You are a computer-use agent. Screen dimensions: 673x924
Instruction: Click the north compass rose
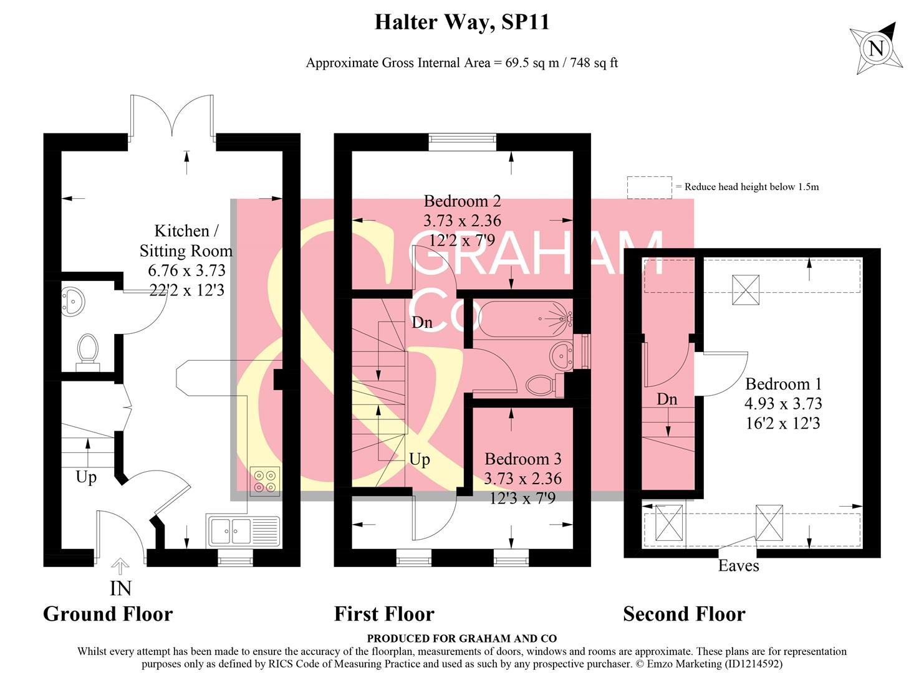point(876,47)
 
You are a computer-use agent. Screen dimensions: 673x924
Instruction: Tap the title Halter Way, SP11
point(461,22)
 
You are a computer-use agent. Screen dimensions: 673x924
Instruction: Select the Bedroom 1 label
point(783,384)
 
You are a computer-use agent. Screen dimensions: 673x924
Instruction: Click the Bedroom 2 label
point(462,201)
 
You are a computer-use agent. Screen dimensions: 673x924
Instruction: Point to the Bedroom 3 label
point(522,459)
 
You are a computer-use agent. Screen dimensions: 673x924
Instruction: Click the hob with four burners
point(265,481)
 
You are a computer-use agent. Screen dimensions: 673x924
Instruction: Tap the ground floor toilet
point(87,349)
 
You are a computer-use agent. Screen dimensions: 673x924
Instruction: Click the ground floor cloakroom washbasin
point(74,302)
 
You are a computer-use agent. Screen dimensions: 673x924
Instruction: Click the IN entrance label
point(120,588)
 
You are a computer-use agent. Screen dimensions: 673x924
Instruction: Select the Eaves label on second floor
point(738,566)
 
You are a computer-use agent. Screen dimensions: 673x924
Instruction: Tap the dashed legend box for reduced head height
point(649,187)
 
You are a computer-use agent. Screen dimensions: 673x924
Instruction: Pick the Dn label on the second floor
point(667,399)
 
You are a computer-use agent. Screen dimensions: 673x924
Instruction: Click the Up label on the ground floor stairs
point(86,477)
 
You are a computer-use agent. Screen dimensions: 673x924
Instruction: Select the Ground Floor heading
point(108,614)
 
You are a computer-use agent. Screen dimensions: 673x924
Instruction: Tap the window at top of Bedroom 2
point(462,142)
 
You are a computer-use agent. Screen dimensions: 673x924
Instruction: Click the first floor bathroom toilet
point(541,384)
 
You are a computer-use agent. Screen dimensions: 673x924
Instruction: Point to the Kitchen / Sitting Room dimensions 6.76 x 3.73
point(186,270)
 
